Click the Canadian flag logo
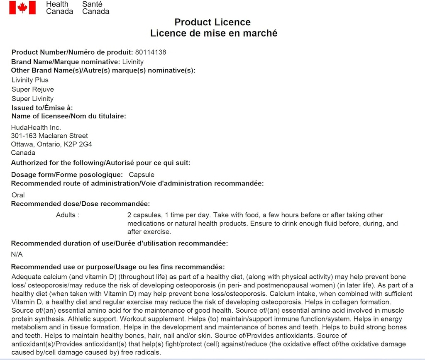[22, 7]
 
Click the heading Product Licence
[212, 22]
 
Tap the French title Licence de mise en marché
[214, 33]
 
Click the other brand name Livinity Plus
[30, 80]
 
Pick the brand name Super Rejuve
[33, 90]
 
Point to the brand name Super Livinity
[33, 99]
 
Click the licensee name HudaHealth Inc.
[36, 127]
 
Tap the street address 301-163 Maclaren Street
[49, 136]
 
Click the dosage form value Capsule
[142, 175]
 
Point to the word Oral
[18, 195]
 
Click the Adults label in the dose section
[67, 215]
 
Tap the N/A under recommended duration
[17, 254]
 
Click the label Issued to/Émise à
[42, 108]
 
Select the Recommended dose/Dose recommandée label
[80, 204]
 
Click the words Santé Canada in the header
[95, 7]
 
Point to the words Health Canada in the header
[59, 7]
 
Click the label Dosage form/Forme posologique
[67, 175]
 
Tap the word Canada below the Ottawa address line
[23, 153]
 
